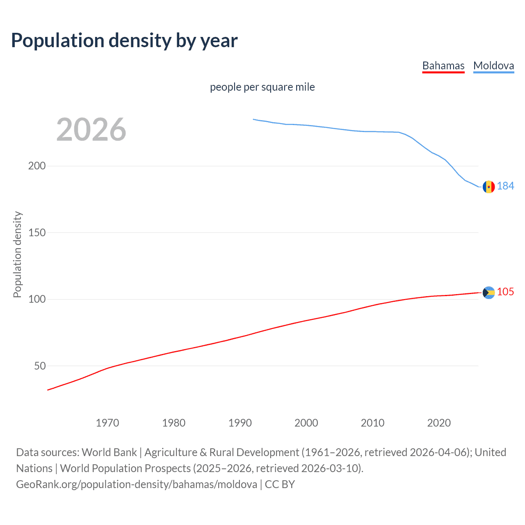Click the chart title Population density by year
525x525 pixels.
pos(124,41)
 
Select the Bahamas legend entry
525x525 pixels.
pos(443,66)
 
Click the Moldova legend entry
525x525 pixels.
pos(493,66)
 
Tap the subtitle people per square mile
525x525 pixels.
pos(262,87)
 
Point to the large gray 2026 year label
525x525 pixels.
pos(91,130)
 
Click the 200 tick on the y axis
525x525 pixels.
pos(37,166)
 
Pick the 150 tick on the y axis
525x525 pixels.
pos(37,233)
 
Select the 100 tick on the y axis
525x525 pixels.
pos(37,299)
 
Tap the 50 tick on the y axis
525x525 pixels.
pos(40,366)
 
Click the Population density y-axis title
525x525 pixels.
pos(17,254)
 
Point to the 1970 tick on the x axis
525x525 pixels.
pos(107,423)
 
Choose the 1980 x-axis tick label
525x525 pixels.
pos(174,423)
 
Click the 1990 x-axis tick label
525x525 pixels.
pos(240,423)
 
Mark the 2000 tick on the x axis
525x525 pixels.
pos(306,423)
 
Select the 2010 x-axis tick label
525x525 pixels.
pos(372,423)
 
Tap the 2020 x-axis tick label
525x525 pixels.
pos(439,423)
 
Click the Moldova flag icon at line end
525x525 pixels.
pos(488,187)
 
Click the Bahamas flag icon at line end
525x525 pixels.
pos(488,292)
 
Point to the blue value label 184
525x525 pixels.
pos(505,186)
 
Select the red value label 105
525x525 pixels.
pos(505,292)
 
